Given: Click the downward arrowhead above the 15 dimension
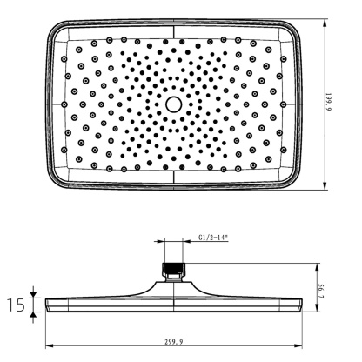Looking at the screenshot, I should pyautogui.click(x=35, y=294).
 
